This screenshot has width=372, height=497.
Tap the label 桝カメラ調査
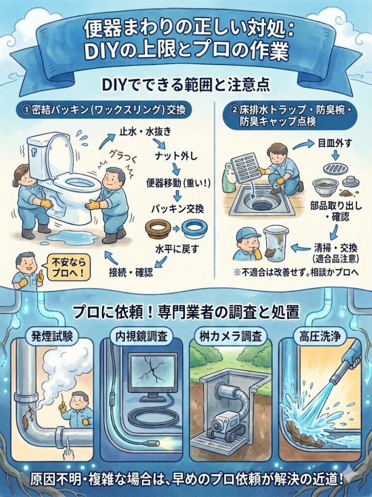coord(233,336)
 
